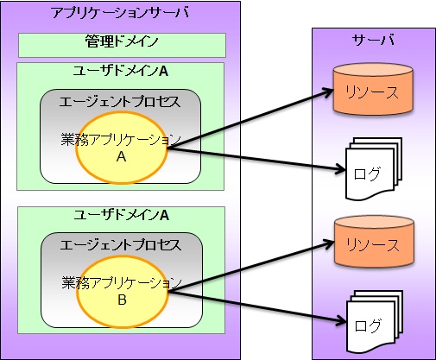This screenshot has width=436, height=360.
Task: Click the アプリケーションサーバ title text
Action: (x=120, y=14)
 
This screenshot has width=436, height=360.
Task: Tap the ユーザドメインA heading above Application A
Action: (x=121, y=71)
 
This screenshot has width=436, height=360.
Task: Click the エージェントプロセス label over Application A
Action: (x=121, y=102)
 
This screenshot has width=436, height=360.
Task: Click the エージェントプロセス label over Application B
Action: (x=121, y=246)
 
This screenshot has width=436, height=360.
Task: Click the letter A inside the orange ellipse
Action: (x=121, y=159)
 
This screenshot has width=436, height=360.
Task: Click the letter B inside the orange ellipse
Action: (x=121, y=302)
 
